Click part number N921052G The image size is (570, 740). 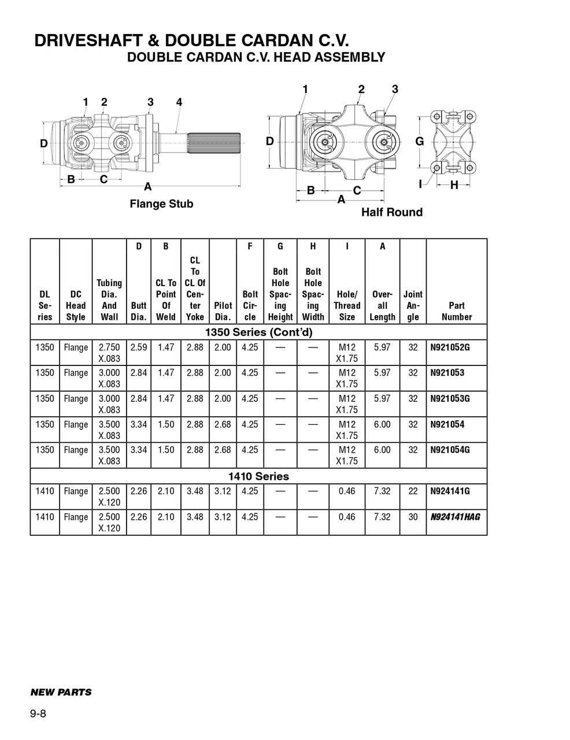tap(450, 347)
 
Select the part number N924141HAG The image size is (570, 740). tap(455, 517)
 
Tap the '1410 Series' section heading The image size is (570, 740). tap(258, 476)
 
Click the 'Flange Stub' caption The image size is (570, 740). tap(161, 204)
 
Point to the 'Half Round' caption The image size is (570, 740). tap(391, 212)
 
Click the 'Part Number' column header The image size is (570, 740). tap(456, 311)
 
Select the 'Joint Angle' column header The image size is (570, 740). tap(413, 305)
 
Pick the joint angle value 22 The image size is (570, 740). tap(413, 491)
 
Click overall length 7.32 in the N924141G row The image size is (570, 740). tap(382, 491)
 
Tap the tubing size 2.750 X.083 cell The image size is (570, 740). tap(109, 353)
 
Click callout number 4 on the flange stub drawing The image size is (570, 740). tap(179, 102)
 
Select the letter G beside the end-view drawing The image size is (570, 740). tap(420, 142)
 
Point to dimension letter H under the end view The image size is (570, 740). tap(454, 185)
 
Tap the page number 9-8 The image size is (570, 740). tap(38, 713)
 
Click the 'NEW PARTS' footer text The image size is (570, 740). tap(61, 692)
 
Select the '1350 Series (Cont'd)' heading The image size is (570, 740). tap(258, 332)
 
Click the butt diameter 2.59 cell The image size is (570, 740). tap(139, 347)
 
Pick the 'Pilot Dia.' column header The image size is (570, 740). tap(223, 311)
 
